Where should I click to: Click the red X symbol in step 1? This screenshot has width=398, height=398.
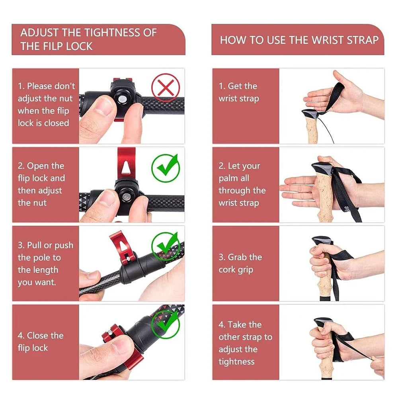[166, 88]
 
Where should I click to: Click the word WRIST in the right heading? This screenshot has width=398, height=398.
[322, 40]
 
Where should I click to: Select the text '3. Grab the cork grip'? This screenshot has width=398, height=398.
[240, 263]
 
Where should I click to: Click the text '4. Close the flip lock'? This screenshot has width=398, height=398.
[41, 341]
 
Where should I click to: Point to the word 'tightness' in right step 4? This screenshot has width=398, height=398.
[236, 361]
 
